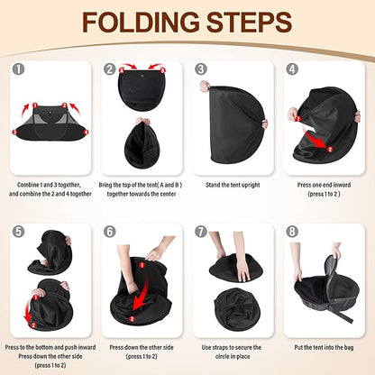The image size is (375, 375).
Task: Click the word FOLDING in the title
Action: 141,23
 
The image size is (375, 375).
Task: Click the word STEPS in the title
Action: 250,23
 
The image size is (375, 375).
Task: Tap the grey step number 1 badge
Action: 19,69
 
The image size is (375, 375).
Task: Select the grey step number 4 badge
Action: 292,69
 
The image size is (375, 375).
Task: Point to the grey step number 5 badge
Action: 19,232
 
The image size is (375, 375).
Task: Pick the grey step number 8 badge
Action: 292,232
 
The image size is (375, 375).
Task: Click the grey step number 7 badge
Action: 201,232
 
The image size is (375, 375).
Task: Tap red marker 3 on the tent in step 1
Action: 14,132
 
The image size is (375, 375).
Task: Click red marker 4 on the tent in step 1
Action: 87,132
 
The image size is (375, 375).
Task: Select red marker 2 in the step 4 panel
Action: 329,150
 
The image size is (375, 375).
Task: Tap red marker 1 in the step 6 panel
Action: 142,265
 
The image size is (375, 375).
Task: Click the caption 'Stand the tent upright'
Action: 233,185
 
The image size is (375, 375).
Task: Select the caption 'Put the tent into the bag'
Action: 324,347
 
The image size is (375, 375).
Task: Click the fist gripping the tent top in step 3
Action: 206,86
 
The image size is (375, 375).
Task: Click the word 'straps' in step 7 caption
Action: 222,347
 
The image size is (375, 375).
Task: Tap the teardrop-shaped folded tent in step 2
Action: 142,143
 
